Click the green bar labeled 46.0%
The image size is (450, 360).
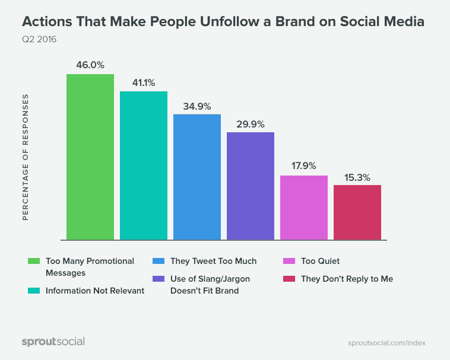tap(90, 157)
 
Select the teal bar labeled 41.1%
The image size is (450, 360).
tap(143, 165)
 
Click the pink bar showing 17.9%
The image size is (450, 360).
tap(303, 208)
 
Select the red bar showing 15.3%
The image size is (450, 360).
tap(357, 212)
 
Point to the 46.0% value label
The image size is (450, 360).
tap(90, 65)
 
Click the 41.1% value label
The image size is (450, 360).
tap(143, 82)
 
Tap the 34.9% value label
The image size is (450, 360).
tap(197, 106)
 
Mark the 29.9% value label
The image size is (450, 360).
tap(250, 123)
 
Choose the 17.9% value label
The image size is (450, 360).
tap(303, 166)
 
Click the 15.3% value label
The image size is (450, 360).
tap(357, 176)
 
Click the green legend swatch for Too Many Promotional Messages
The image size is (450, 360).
tap(34, 261)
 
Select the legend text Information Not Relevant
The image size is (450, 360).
tap(95, 291)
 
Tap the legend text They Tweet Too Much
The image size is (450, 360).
tap(213, 261)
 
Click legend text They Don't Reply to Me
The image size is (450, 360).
tap(347, 278)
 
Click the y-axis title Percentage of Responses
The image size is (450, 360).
tap(26, 157)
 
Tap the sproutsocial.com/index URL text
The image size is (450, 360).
tap(386, 343)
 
